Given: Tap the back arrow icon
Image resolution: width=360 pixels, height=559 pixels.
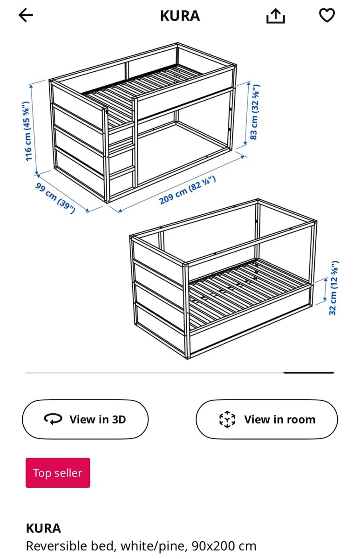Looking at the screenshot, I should click(26, 15).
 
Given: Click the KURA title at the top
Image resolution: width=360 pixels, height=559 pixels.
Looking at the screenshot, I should click(180, 16).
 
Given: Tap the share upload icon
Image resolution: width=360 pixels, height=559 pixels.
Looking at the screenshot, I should click(275, 16).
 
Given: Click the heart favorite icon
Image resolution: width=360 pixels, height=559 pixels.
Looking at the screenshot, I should click(326, 15).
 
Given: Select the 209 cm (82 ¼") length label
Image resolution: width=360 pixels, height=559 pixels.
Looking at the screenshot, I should click(188, 191).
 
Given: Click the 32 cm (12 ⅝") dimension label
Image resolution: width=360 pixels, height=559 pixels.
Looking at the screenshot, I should click(333, 288).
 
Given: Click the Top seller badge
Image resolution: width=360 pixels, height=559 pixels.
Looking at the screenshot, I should click(58, 473).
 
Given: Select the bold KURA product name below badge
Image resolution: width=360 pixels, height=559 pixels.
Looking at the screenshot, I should click(43, 528).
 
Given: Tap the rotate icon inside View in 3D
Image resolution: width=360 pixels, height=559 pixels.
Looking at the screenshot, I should click(53, 419).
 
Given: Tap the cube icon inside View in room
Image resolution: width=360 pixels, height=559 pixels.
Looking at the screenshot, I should click(227, 419).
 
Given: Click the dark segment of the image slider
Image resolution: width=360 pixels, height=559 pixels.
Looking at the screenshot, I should click(308, 373).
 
